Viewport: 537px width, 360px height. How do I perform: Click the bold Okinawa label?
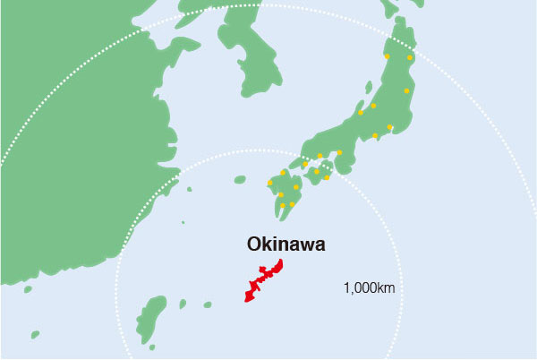286,243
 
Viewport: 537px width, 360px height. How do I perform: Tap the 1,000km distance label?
369,288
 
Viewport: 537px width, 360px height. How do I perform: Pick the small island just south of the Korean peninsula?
240,179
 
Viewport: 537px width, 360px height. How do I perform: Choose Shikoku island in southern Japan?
319,176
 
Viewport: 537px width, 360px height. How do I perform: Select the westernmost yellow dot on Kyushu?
270,183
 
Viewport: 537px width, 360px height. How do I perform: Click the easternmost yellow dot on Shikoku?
327,177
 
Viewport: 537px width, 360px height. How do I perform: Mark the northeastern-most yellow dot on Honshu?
411,57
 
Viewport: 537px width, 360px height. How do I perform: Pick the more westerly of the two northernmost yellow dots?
387,56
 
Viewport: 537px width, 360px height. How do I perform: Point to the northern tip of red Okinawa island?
281,261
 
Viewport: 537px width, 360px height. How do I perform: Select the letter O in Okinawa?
254,243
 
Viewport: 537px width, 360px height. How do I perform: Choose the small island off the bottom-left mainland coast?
35,335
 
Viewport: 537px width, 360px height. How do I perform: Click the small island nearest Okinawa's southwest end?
208,304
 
